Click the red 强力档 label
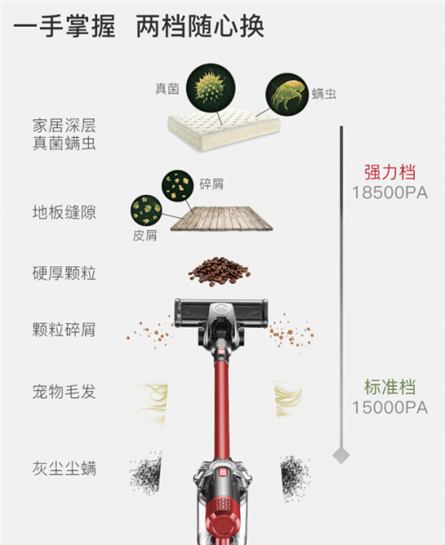pos(390,172)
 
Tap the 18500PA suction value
pos(390,192)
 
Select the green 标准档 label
pos(390,386)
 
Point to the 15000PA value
pos(390,407)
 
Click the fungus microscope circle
pos(211,87)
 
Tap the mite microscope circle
pos(287,94)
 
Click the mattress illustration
pos(224,128)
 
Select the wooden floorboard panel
pos(222,218)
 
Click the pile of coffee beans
pos(219,271)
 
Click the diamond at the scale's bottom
pos(341,455)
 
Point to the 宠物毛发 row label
pos(64,392)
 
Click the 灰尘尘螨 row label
pos(64,468)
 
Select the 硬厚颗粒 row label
pos(64,273)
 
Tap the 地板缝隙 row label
pos(64,212)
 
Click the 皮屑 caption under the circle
pos(144,235)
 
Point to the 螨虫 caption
pos(324,94)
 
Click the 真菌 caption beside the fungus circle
pos(167,89)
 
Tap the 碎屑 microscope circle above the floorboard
pos(177,185)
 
